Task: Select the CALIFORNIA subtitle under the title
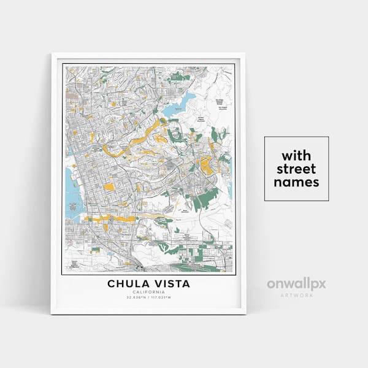(148, 292)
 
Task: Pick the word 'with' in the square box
(296, 154)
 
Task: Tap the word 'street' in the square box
(296, 168)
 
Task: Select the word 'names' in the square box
(296, 182)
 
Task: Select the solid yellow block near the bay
(108, 186)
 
